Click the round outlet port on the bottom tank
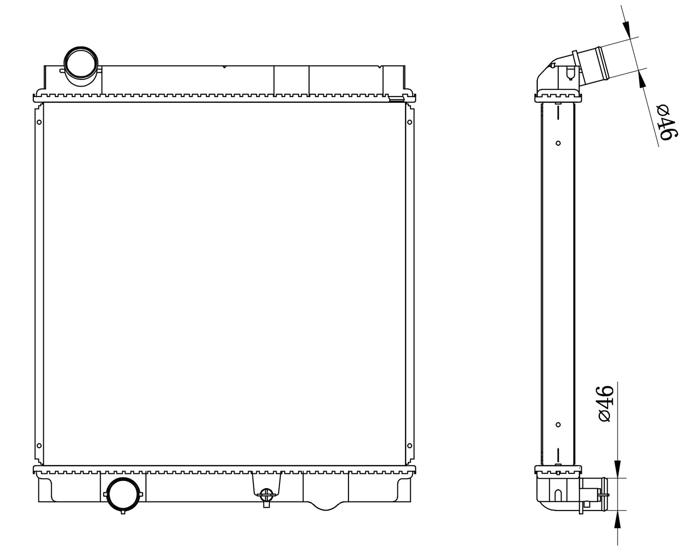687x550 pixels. coord(123,494)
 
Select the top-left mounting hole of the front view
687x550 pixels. coord(39,122)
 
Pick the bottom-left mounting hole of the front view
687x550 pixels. coord(39,446)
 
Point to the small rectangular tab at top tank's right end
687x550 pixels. coord(396,99)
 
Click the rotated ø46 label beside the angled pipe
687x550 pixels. coord(667,123)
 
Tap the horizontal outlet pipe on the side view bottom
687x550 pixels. coord(594,495)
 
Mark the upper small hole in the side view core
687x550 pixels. coord(558,143)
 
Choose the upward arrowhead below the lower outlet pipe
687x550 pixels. coord(618,521)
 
